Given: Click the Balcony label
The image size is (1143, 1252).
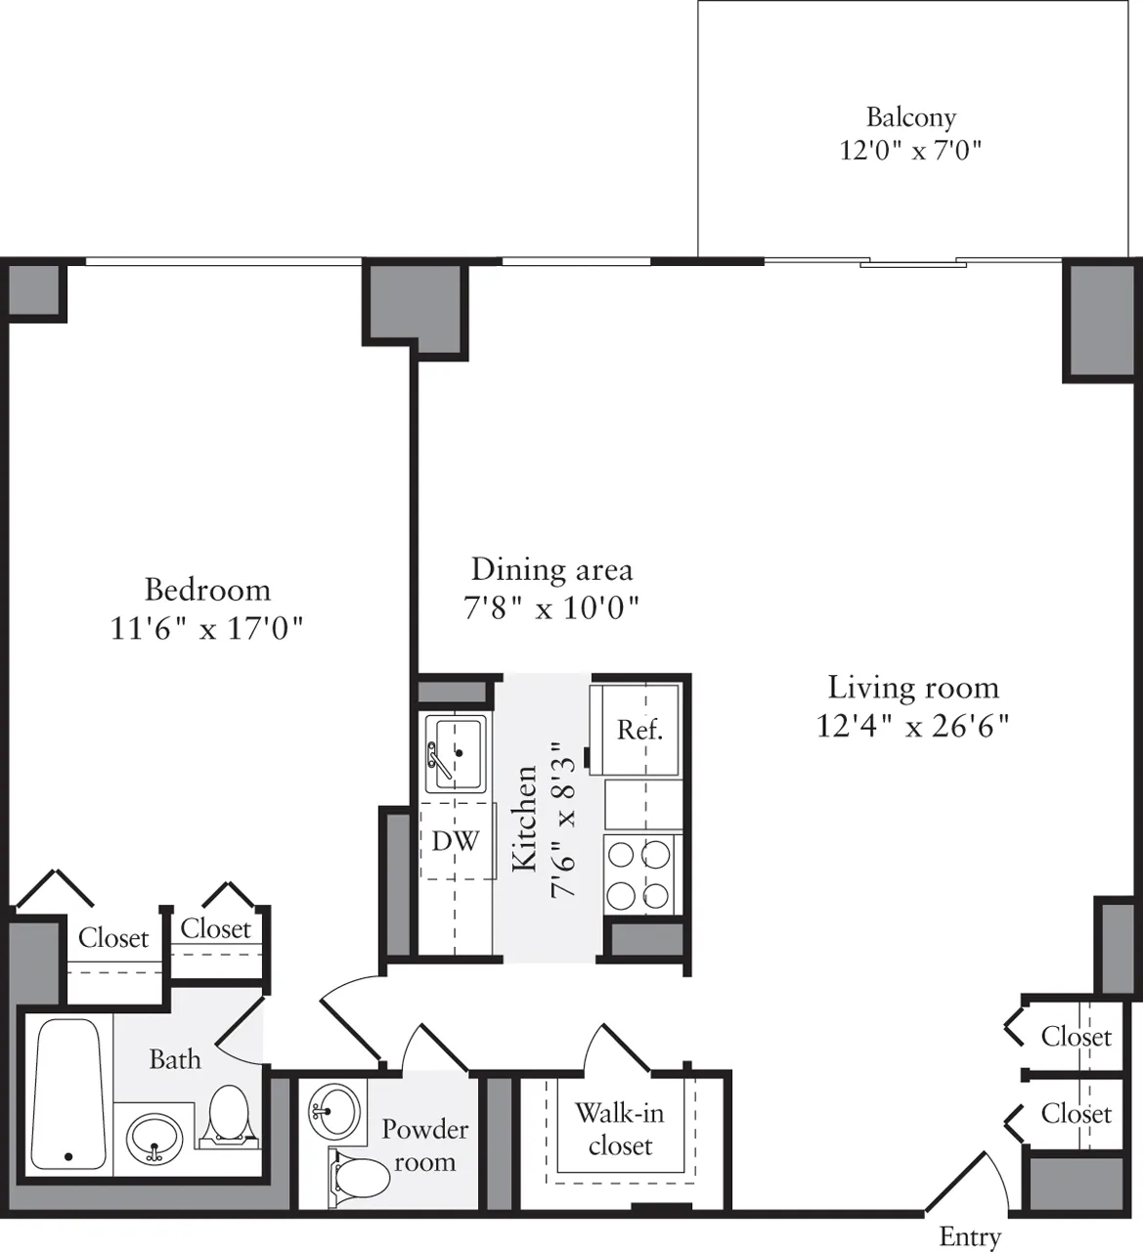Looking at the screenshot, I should [x=910, y=117].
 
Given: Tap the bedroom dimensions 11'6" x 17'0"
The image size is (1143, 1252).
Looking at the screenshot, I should [x=207, y=627].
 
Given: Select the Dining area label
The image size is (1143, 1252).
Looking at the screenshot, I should [x=551, y=569].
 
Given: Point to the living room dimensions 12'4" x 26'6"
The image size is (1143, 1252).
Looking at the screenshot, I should [x=912, y=726].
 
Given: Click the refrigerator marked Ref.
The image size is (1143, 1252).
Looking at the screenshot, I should [x=639, y=730].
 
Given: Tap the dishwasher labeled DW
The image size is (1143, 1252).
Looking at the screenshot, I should [x=456, y=840].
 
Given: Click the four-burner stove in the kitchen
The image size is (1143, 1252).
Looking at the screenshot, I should [x=640, y=874].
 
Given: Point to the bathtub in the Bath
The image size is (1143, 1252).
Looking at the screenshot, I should [x=67, y=1095].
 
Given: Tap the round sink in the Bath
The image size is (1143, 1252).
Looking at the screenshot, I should [x=154, y=1139].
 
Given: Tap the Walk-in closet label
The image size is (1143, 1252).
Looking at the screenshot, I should [x=619, y=1129].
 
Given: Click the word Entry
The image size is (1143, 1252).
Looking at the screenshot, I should [x=969, y=1236].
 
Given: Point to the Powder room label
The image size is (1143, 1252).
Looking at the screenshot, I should [x=424, y=1145].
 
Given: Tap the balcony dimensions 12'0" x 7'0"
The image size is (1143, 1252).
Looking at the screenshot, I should [x=910, y=151].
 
